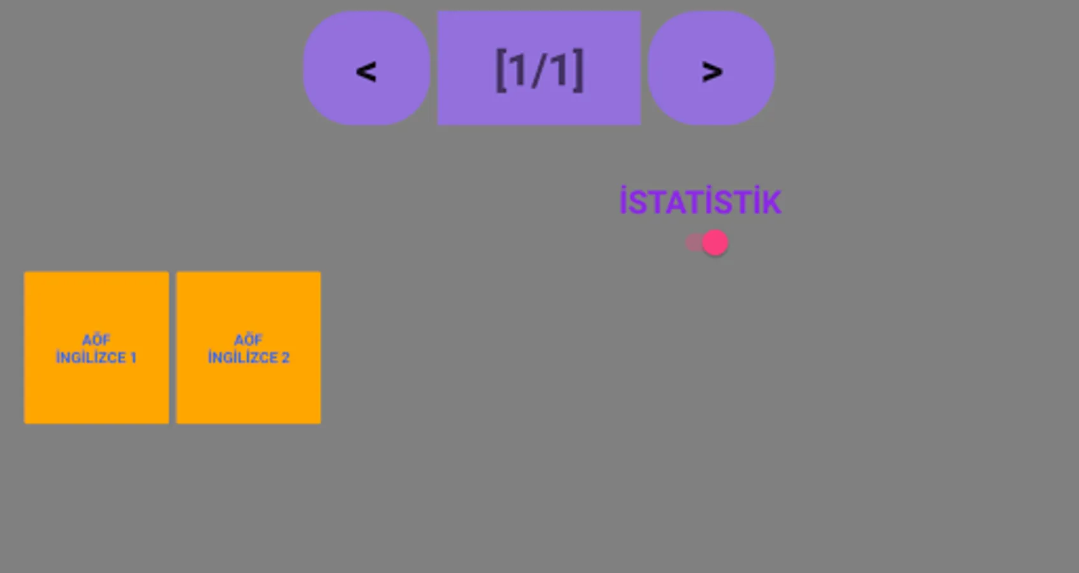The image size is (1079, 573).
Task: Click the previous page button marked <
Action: pyautogui.click(x=366, y=69)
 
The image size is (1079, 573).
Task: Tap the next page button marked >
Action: pyautogui.click(x=711, y=69)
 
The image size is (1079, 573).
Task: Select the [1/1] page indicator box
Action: pyautogui.click(x=539, y=67)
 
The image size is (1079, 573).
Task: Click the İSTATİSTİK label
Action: pyautogui.click(x=700, y=202)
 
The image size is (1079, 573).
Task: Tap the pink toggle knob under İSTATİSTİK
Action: pyautogui.click(x=715, y=243)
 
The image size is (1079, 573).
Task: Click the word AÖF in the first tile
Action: pyautogui.click(x=96, y=340)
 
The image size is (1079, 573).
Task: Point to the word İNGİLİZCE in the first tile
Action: pyautogui.click(x=90, y=357)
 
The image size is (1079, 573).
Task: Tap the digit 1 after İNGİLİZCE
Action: pyautogui.click(x=134, y=358)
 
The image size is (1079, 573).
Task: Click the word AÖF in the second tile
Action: pyautogui.click(x=248, y=340)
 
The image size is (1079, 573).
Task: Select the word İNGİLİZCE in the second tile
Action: pyautogui.click(x=242, y=357)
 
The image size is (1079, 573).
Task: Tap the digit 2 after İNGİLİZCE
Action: pyautogui.click(x=286, y=358)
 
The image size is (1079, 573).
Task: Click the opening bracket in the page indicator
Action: pyautogui.click(x=501, y=70)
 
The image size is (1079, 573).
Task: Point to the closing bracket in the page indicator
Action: pyautogui.click(x=577, y=70)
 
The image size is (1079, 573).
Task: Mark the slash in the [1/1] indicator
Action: pyautogui.click(x=539, y=69)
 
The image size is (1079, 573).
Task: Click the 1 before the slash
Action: pyautogui.click(x=518, y=69)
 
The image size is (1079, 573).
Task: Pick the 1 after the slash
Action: pyautogui.click(x=559, y=69)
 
